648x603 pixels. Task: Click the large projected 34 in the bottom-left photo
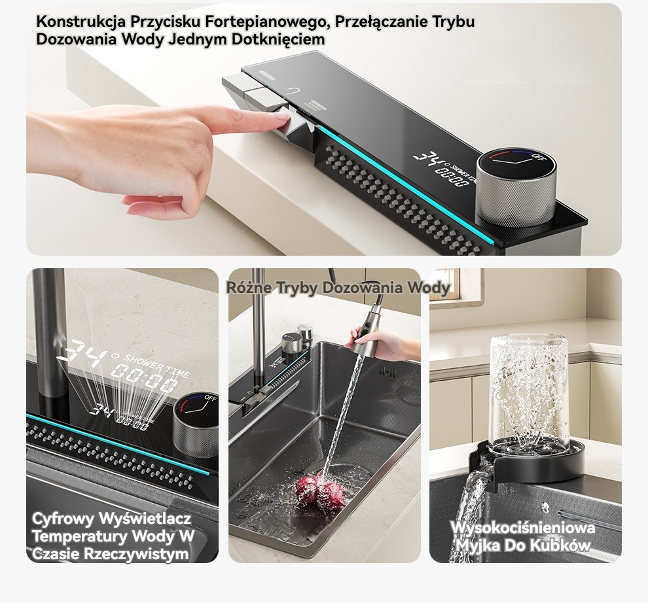(x=82, y=354)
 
